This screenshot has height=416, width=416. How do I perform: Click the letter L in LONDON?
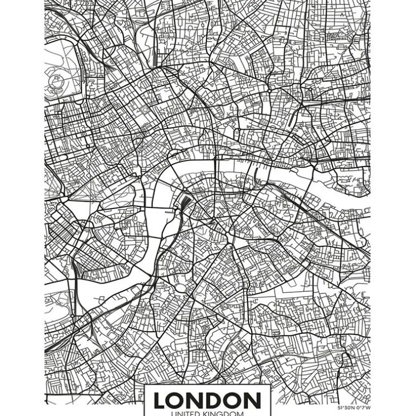pyautogui.click(x=160, y=400)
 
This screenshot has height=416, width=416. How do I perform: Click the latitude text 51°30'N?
pyautogui.click(x=345, y=408)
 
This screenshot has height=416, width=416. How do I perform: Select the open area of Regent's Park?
pyautogui.click(x=62, y=59)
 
